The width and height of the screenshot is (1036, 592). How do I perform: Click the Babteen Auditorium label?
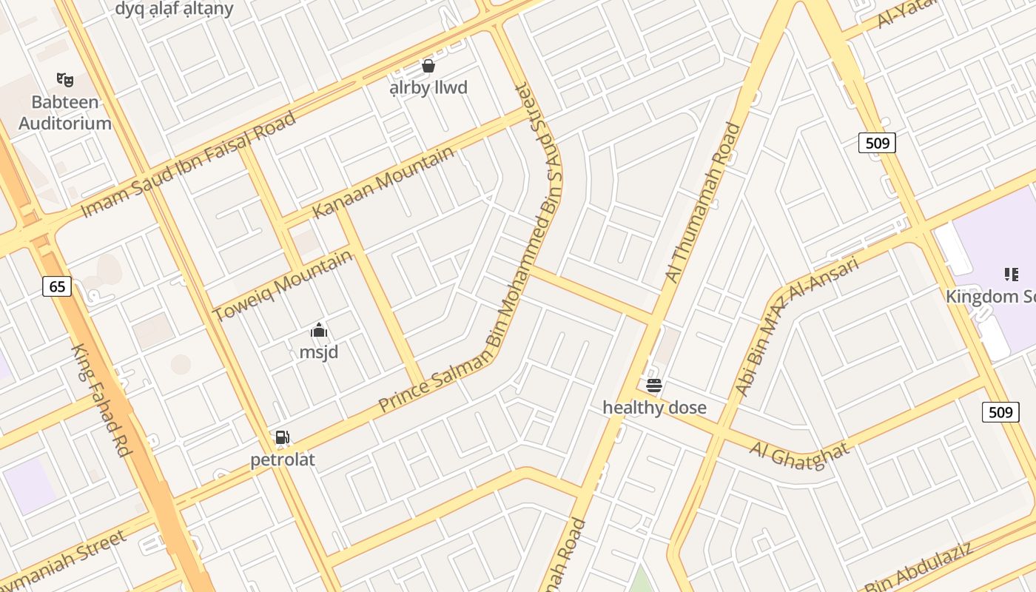(65, 112)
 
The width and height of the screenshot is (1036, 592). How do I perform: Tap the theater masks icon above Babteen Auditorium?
(65, 79)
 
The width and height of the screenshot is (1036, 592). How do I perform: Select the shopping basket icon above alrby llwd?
(428, 66)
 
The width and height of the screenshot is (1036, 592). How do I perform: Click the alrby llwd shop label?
(428, 88)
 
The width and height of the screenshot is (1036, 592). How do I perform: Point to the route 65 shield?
(57, 286)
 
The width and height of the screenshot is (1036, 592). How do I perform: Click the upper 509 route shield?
(877, 142)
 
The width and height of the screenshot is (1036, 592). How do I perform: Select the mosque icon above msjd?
(319, 330)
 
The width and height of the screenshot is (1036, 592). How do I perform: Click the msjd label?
(319, 352)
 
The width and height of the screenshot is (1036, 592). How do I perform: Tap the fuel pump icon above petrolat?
(282, 437)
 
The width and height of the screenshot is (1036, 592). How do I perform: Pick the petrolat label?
(283, 460)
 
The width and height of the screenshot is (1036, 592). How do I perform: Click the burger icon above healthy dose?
(653, 385)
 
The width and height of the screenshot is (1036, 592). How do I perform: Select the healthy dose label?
(654, 408)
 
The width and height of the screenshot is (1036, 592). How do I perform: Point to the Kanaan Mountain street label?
(383, 182)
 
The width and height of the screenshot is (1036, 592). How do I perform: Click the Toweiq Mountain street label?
(283, 286)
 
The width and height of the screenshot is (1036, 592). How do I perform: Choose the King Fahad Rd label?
(101, 400)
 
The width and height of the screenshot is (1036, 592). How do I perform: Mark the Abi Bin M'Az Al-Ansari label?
(797, 326)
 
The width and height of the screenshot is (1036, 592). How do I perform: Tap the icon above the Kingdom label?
(1012, 275)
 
